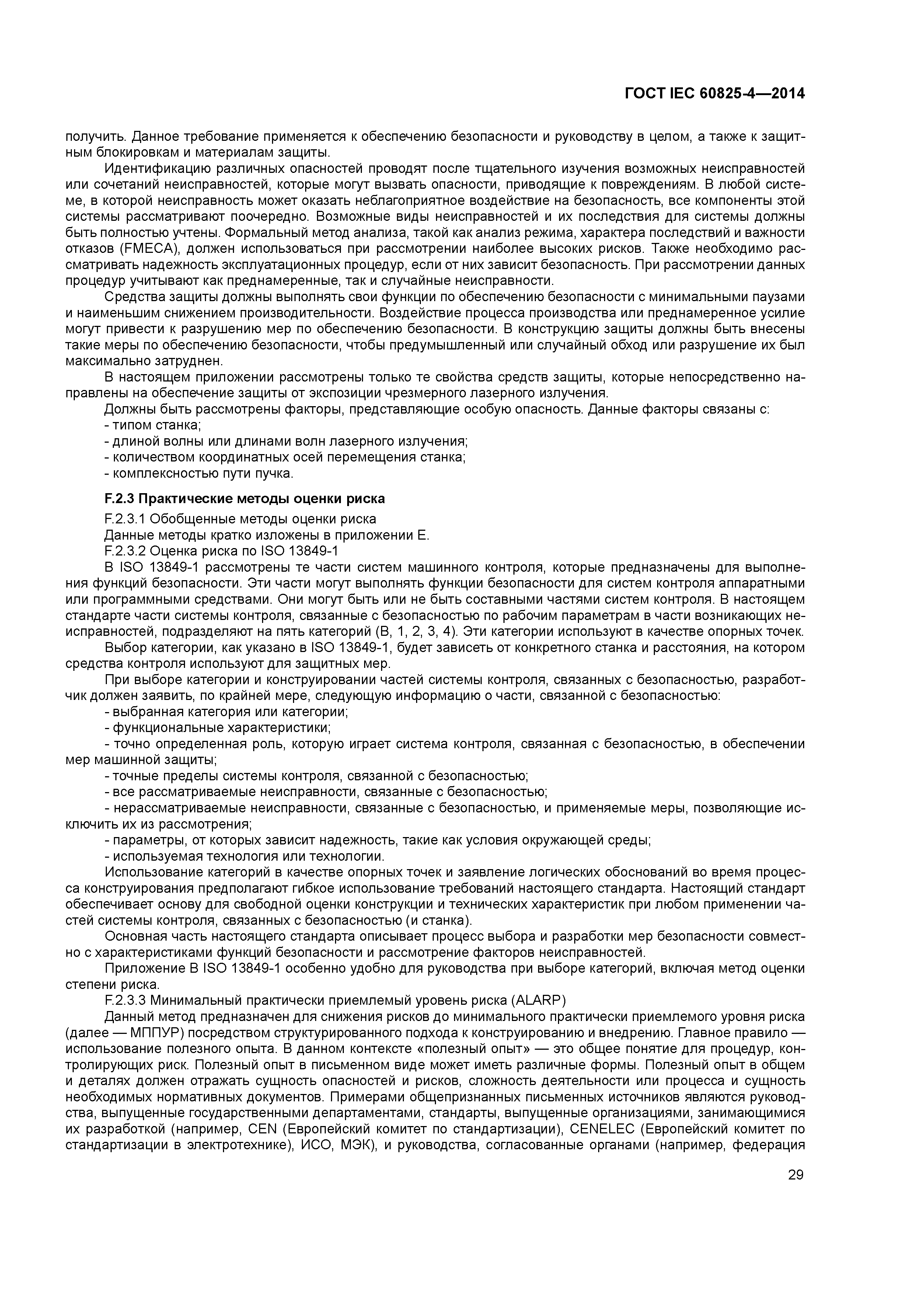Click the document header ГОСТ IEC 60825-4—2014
click(715, 94)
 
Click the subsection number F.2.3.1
click(125, 519)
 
